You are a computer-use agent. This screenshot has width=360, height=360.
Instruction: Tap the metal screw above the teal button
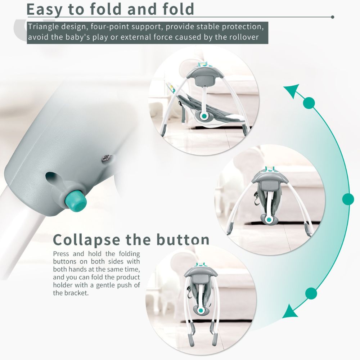click(107, 158)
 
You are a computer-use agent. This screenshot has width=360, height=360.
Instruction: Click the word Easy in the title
click(44, 9)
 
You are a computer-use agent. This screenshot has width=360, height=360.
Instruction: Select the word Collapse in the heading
click(86, 240)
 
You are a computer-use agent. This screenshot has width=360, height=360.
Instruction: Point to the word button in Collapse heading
click(183, 239)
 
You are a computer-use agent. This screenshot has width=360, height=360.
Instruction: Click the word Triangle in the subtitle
click(44, 27)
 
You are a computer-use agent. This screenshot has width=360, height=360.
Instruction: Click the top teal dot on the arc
click(309, 103)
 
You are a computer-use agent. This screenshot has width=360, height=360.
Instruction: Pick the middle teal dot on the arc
click(348, 199)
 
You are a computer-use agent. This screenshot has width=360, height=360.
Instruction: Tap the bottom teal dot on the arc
click(311, 293)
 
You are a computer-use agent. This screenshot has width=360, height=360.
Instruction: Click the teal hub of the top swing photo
click(203, 116)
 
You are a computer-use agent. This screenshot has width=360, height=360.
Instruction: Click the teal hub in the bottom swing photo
click(201, 311)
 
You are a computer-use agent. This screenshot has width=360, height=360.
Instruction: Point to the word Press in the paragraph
click(61, 254)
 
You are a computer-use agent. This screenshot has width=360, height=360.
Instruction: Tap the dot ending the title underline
click(332, 17)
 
